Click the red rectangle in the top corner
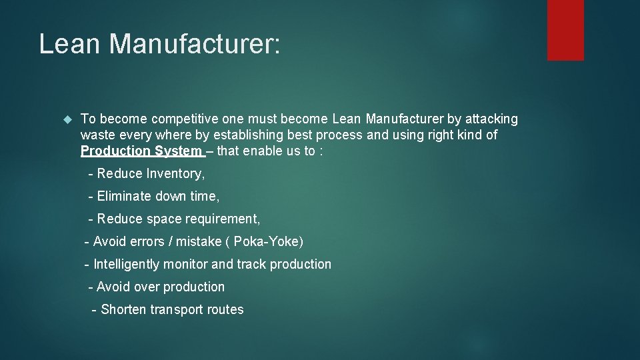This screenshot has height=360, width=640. tap(565, 30)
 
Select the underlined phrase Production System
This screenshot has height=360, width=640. tap(141, 151)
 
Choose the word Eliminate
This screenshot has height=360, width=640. tap(125, 197)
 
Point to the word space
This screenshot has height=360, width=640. tap(160, 219)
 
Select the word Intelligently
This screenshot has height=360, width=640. tap(127, 265)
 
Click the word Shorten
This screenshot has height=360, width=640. tap(124, 310)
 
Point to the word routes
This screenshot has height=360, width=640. tap(225, 310)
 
